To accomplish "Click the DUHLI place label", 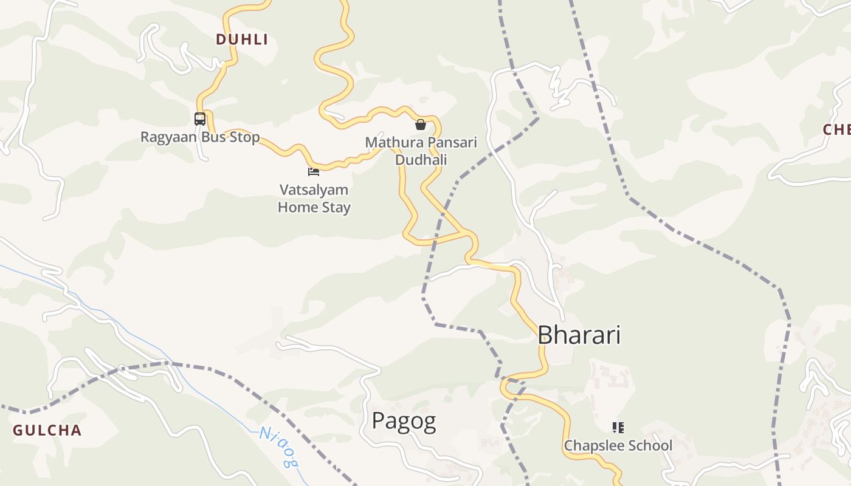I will click(x=241, y=39).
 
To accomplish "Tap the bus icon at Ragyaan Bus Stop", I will click(x=200, y=118).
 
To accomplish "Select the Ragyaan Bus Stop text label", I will click(x=200, y=137).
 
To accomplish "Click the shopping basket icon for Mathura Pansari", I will click(x=420, y=125).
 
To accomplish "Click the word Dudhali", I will click(x=421, y=160).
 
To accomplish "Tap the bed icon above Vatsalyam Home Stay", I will click(x=314, y=172).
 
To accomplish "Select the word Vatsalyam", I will click(x=314, y=190).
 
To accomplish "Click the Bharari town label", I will click(x=579, y=335).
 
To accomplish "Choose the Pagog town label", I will click(x=404, y=421).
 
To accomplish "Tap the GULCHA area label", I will click(x=47, y=431).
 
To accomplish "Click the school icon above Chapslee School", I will click(x=618, y=428).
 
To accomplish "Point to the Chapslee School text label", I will click(x=618, y=446).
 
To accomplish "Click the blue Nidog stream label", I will click(x=280, y=447).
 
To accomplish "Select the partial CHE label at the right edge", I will click(x=836, y=129).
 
